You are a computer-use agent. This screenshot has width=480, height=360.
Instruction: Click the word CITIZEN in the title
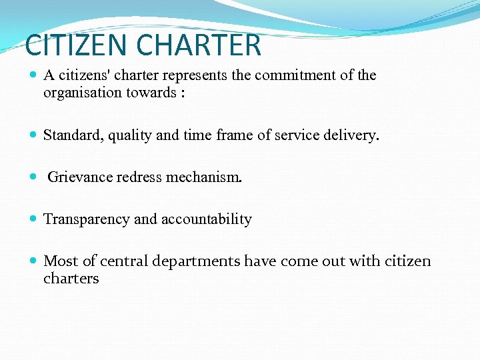(75, 45)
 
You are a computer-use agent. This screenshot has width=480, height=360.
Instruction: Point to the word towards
(153, 93)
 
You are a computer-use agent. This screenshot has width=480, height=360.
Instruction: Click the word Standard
(71, 135)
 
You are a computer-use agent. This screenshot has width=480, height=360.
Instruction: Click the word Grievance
(78, 177)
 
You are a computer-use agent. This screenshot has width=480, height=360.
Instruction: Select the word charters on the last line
(71, 279)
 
